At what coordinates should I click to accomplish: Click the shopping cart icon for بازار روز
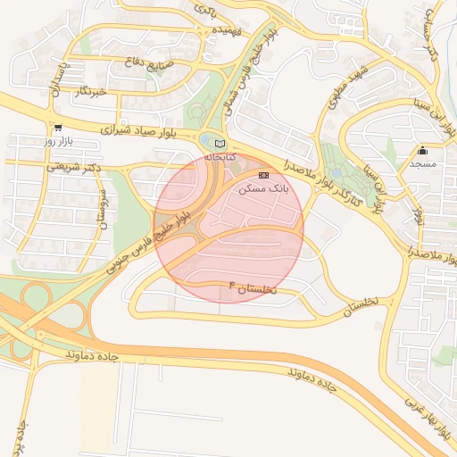pyautogui.click(x=58, y=128)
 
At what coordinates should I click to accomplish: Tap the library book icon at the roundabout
pyautogui.click(x=220, y=143)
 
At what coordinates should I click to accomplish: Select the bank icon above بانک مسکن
pyautogui.click(x=262, y=176)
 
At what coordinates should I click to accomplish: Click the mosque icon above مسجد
pyautogui.click(x=422, y=151)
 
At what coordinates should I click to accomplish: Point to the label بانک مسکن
pyautogui.click(x=262, y=189)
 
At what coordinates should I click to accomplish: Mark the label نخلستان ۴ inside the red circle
pyautogui.click(x=253, y=288)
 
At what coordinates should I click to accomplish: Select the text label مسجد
pyautogui.click(x=422, y=165)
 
